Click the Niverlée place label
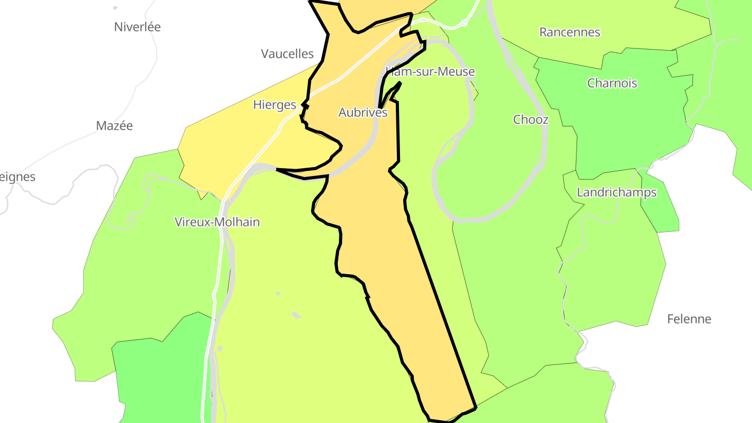[137, 27]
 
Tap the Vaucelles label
[287, 54]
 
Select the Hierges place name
[275, 105]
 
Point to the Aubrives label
[363, 112]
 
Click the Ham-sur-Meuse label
[430, 72]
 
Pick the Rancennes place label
[570, 32]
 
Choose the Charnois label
[612, 83]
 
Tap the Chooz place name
[531, 120]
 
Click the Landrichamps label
[616, 193]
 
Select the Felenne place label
[689, 319]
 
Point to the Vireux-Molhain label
[217, 222]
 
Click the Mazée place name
[114, 126]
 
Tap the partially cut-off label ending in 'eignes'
[17, 177]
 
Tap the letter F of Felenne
[671, 319]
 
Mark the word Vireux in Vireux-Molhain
[191, 222]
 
